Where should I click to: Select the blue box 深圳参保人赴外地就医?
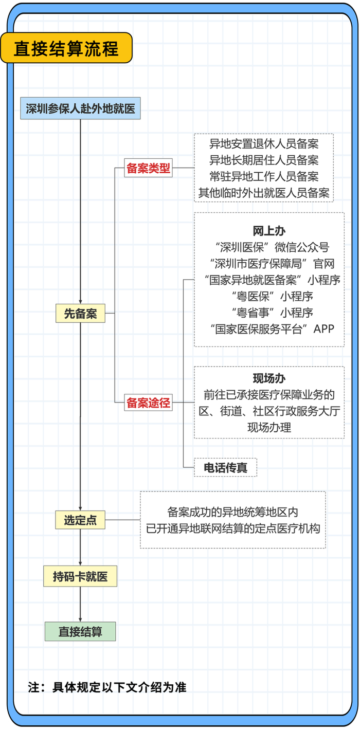pyautogui.click(x=80, y=108)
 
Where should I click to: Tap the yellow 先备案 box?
pyautogui.click(x=80, y=313)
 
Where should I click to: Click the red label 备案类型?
pyautogui.click(x=148, y=168)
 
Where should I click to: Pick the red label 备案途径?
pyautogui.click(x=148, y=403)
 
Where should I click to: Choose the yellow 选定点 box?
pyautogui.click(x=80, y=520)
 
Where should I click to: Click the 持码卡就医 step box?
pyautogui.click(x=80, y=577)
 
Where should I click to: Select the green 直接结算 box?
pyautogui.click(x=80, y=631)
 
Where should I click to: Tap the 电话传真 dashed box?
pyautogui.click(x=225, y=467)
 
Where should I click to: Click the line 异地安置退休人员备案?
pyautogui.click(x=264, y=143)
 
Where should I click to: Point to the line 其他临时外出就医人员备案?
pyautogui.click(x=264, y=193)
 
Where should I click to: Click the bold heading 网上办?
pyautogui.click(x=269, y=230)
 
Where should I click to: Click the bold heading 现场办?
pyautogui.click(x=269, y=378)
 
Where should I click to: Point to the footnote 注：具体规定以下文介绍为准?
pyautogui.click(x=107, y=687)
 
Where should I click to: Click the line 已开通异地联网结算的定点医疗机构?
pyautogui.click(x=233, y=528)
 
